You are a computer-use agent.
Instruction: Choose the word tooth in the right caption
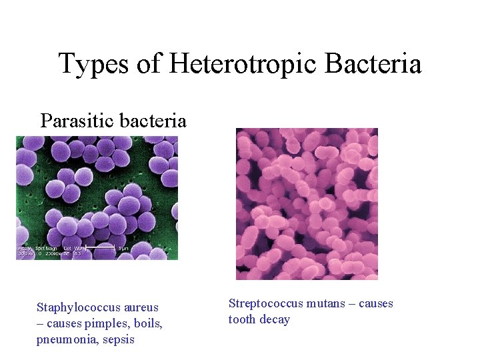242,320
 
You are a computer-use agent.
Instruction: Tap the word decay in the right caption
275,320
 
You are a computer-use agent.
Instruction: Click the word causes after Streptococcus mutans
376,304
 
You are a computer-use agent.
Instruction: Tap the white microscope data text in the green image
50,251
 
